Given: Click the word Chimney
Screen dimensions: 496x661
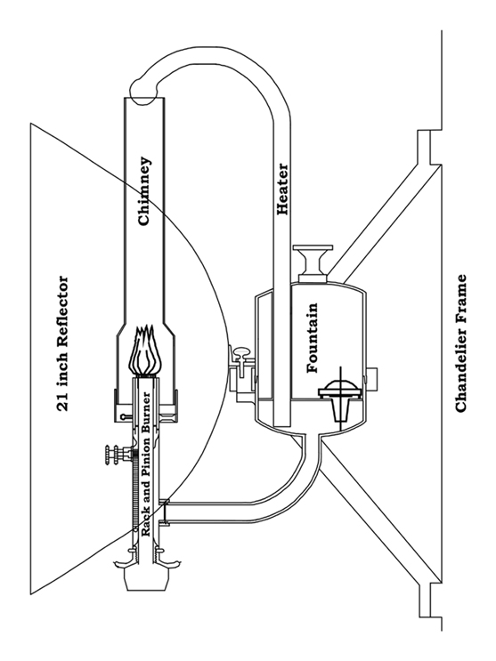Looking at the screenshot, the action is pos(144,191).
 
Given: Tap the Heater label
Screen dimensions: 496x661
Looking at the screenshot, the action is pos(282,189).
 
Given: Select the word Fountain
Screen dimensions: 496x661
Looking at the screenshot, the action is pos(312,338).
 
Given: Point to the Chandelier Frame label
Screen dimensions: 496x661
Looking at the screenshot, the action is pos(461,343).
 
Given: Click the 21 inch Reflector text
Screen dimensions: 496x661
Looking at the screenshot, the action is pos(62,343).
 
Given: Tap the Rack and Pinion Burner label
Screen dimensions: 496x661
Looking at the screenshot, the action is pos(146,464).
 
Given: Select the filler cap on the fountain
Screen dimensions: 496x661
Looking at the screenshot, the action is pos(313,264).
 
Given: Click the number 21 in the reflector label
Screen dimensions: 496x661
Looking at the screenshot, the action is pos(62,404).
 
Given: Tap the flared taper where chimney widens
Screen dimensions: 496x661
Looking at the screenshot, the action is pos(145,330).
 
